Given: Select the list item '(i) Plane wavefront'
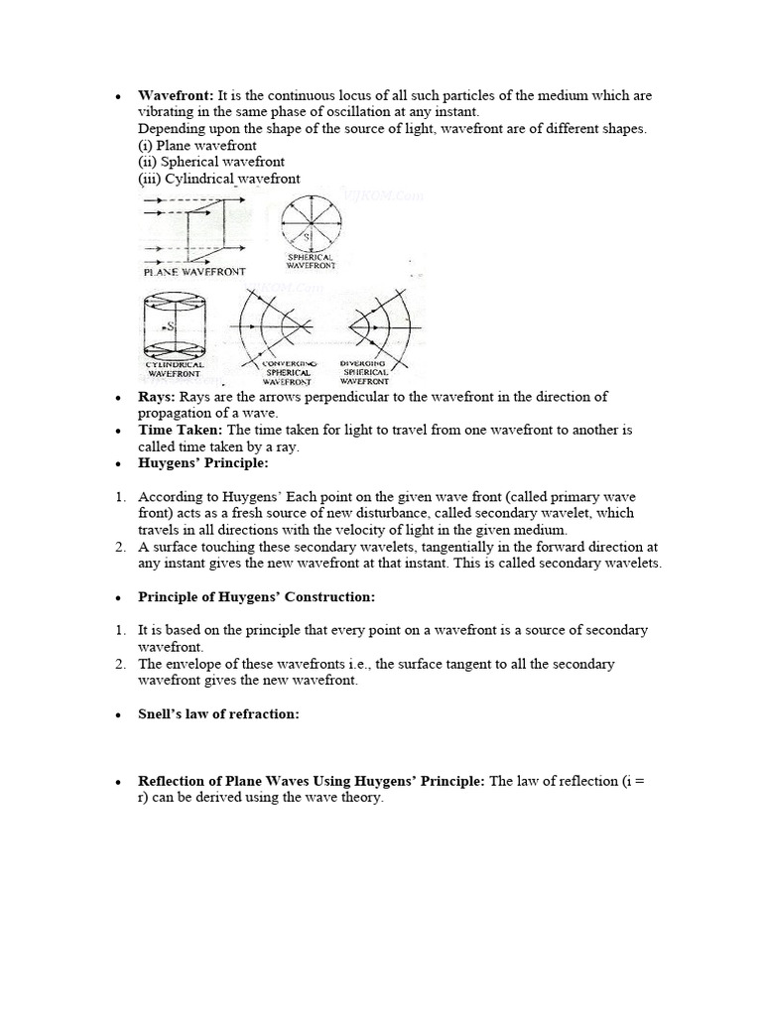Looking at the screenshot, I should coord(197,146).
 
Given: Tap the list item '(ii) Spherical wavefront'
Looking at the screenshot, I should coord(211,163).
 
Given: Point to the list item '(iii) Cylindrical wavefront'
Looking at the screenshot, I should coord(219,180).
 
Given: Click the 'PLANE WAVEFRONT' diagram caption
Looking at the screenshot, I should coord(194,271).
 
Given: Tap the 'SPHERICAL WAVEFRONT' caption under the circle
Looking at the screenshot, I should coord(312,261).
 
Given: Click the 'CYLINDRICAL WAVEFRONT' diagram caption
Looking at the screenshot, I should coord(175,370).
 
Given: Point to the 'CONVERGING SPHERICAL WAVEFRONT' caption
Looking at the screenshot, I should coord(288,373).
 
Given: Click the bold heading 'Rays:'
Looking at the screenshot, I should coord(157,397).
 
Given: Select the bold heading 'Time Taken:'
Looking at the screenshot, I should coord(182,431).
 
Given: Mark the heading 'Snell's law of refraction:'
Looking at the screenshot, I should coord(218,714).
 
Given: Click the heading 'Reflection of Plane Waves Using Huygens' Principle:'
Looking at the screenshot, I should coord(312,782).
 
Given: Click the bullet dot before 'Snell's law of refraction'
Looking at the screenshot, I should coord(118,715).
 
